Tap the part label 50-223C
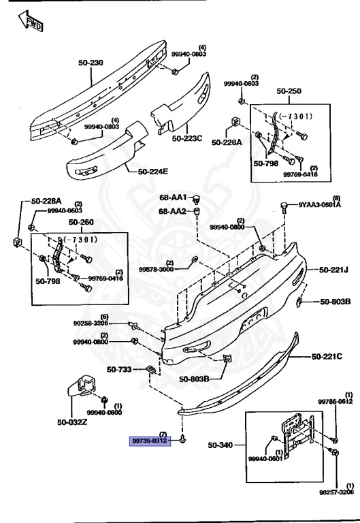[x=187, y=138]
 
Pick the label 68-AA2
[x=174, y=211]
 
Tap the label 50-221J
[x=330, y=270]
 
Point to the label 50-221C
[x=328, y=356]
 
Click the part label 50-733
[x=119, y=370]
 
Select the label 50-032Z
[x=72, y=422]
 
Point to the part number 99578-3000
[x=157, y=269]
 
